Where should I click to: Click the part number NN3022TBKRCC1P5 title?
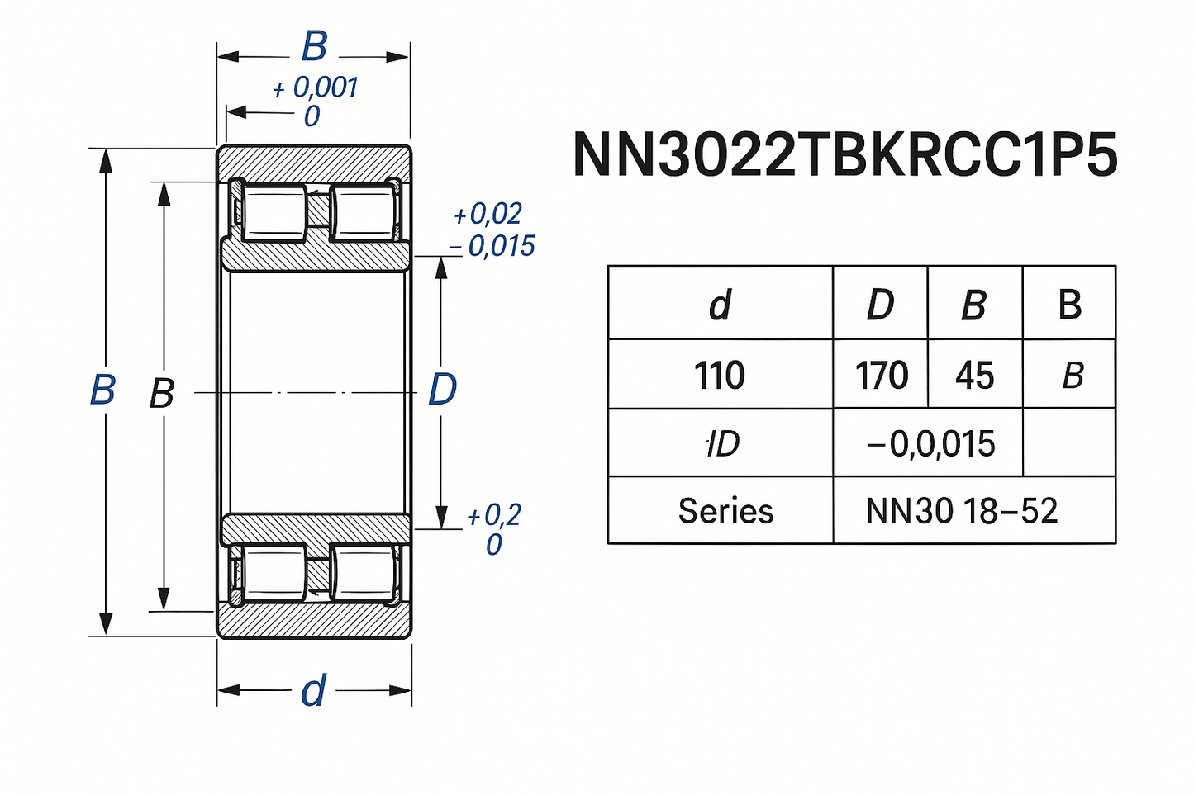tap(844, 154)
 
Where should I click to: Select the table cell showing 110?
tap(719, 376)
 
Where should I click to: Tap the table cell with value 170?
tap(881, 376)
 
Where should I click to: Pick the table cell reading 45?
tap(974, 376)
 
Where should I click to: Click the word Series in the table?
tap(725, 511)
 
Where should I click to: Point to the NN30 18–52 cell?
tap(961, 511)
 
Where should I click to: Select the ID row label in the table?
tap(722, 444)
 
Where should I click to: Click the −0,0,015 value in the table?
tap(930, 444)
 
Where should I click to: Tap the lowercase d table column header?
tap(720, 305)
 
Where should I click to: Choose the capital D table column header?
tap(880, 305)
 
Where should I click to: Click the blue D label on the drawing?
tap(442, 389)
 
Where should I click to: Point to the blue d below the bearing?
tap(313, 691)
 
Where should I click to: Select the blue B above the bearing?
tap(314, 47)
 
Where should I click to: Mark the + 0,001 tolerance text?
tap(316, 88)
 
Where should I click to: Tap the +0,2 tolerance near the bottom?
tap(494, 516)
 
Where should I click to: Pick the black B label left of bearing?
tap(162, 394)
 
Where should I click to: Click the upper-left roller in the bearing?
tap(274, 213)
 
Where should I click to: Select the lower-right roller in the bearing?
tap(364, 571)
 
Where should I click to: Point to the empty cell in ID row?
tap(1069, 444)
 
